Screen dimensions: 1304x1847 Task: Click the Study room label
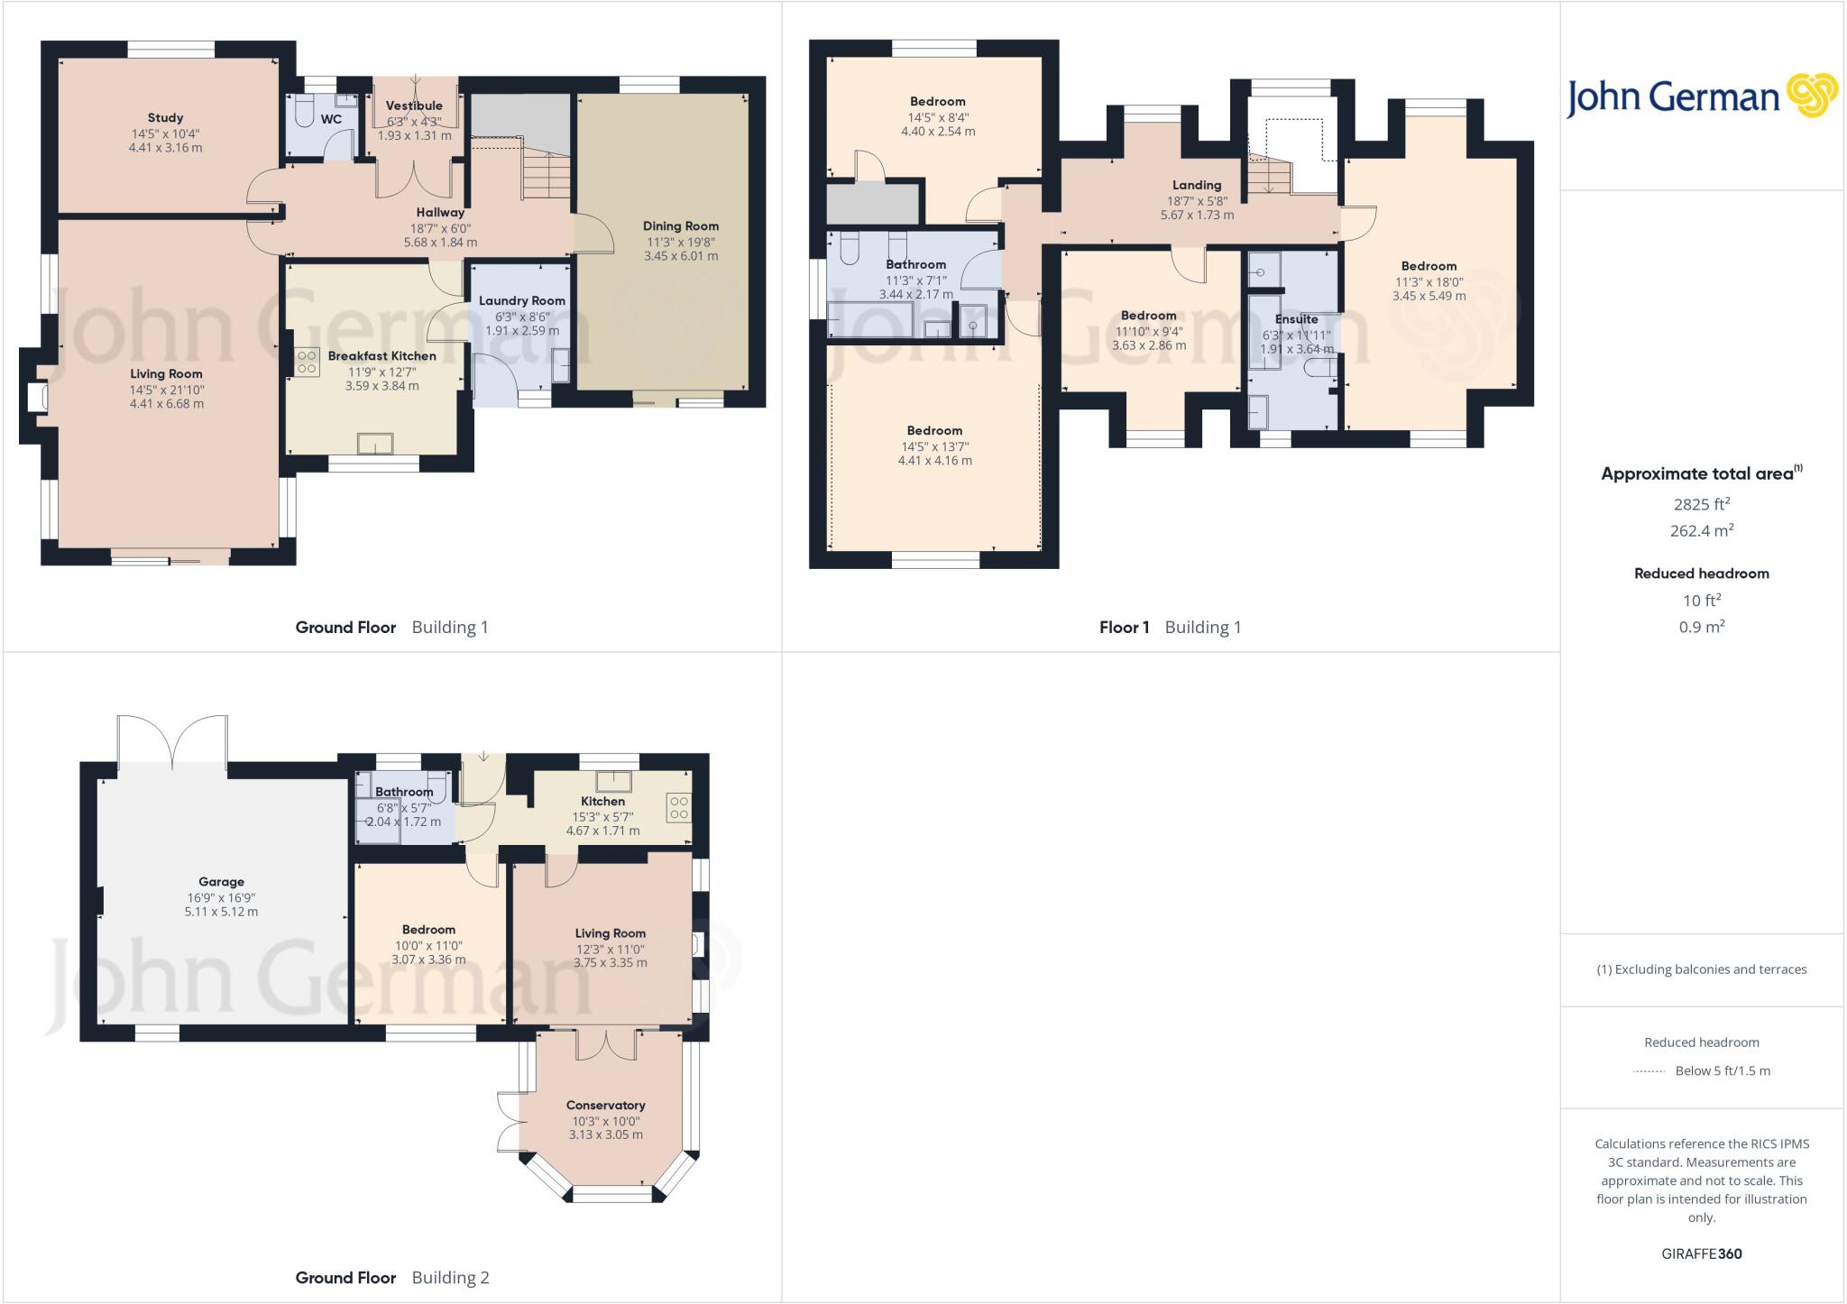point(165,117)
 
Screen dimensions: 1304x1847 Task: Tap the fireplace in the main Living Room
point(38,398)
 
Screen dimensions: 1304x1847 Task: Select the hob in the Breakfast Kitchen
point(307,362)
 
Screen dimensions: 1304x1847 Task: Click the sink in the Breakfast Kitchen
point(375,444)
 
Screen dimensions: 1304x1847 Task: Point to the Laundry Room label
point(521,300)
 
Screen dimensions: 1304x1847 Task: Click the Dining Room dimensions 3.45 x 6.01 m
point(681,256)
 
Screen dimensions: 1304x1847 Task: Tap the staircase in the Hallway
point(546,174)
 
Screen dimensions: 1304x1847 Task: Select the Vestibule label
point(414,106)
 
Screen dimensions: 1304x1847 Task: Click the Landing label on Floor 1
point(1196,185)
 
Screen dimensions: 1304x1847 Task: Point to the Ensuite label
point(1296,319)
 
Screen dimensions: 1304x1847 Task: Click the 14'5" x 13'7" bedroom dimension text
point(934,446)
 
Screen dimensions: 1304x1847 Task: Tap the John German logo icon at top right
point(1811,96)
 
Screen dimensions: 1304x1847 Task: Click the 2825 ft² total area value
point(1701,504)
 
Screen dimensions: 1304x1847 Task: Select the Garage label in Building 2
point(221,882)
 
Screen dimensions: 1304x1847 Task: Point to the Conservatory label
point(605,1105)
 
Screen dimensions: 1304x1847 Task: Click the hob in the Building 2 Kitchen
point(679,807)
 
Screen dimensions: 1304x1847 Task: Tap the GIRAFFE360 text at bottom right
point(1701,1253)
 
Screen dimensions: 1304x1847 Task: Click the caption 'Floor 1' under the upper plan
point(1124,627)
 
